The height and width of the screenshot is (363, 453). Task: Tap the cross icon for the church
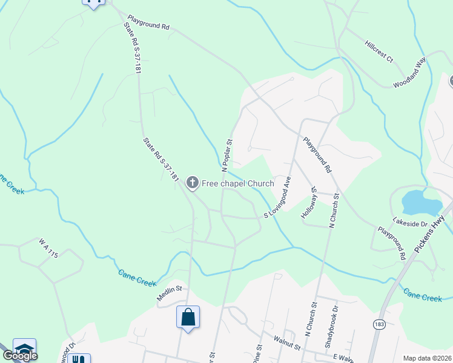[x=193, y=182]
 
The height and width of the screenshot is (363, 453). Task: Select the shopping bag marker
[x=188, y=316]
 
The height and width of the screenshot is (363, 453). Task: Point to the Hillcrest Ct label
[x=379, y=52]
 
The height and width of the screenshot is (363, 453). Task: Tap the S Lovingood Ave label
[x=277, y=198]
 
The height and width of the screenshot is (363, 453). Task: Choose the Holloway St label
[x=309, y=202]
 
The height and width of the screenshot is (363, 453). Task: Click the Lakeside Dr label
[x=410, y=223]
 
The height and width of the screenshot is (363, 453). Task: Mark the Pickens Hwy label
[x=432, y=232]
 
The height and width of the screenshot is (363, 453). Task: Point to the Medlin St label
[x=170, y=289]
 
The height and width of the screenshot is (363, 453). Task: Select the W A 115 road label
[x=48, y=249]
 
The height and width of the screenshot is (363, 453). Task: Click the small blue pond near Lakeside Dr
[x=422, y=202]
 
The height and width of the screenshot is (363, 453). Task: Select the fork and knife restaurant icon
[x=78, y=359]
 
